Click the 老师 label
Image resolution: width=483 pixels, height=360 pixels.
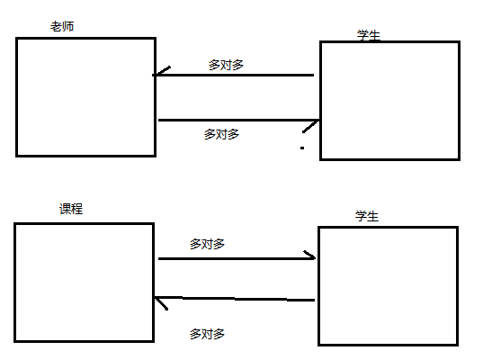(x=62, y=26)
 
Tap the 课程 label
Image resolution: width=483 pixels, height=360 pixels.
(x=71, y=209)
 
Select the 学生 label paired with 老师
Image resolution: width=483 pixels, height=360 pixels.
(x=369, y=35)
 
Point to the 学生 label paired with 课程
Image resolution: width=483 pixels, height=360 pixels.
(x=367, y=216)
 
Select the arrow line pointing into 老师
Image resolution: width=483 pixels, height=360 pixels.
(x=233, y=75)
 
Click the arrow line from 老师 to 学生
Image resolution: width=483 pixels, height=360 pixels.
(x=238, y=120)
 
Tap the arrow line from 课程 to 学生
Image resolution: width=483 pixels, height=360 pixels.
(x=237, y=258)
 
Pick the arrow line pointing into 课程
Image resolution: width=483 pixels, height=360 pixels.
(x=235, y=299)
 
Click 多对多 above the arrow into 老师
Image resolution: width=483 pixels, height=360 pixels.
(x=226, y=65)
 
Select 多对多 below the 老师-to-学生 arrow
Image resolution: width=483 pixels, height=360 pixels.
(x=221, y=134)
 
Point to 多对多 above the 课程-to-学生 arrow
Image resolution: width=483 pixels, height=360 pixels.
(x=207, y=244)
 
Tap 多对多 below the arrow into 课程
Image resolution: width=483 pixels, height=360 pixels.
(x=207, y=334)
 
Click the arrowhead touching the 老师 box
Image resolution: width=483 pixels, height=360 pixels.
(x=160, y=72)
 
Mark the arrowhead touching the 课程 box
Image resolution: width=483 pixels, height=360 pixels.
(x=161, y=302)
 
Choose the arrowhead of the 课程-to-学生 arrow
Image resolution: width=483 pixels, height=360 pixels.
(x=310, y=256)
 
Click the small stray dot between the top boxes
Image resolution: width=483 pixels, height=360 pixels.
(x=302, y=148)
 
